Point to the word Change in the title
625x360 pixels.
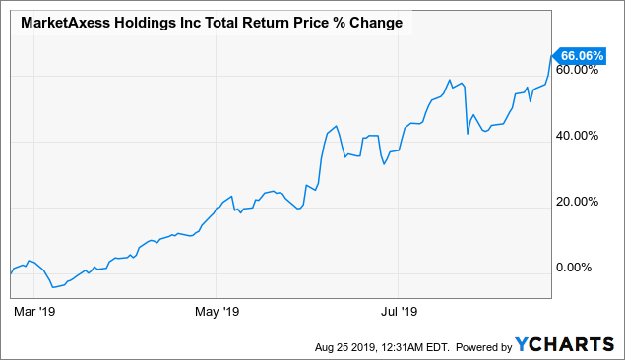(373, 23)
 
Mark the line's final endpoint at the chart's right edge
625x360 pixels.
(551, 56)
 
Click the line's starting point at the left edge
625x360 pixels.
(10, 272)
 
